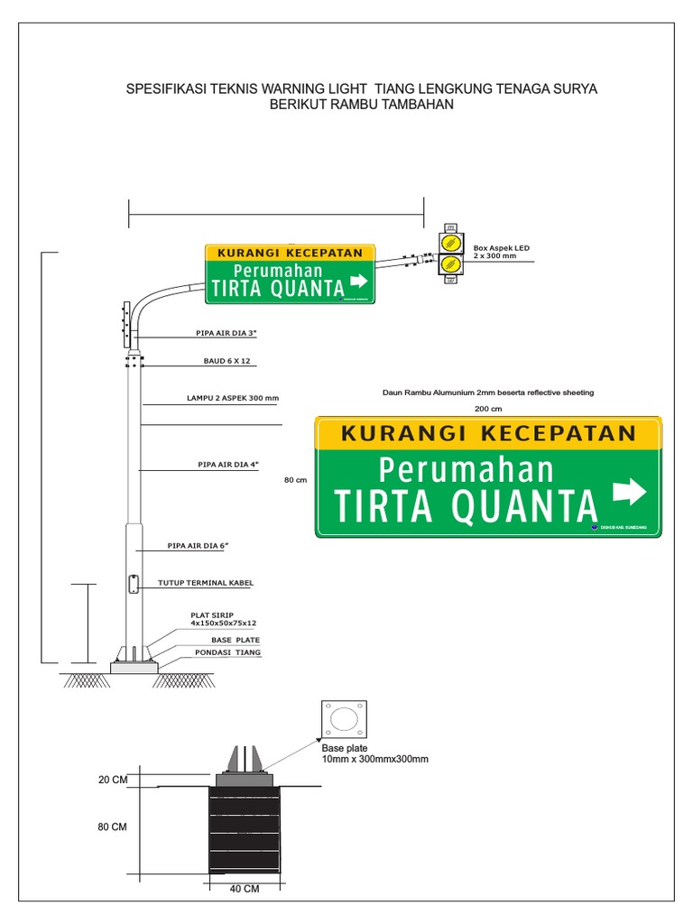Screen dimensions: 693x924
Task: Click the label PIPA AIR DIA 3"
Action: pyautogui.click(x=226, y=333)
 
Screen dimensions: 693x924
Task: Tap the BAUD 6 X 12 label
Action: pyautogui.click(x=226, y=360)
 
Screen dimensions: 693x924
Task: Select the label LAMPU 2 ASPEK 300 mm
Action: pyautogui.click(x=233, y=398)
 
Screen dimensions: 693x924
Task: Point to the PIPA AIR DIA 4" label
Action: pyautogui.click(x=227, y=465)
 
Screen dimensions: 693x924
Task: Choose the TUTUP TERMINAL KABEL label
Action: pyautogui.click(x=206, y=583)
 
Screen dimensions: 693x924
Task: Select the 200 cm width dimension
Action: pyautogui.click(x=488, y=409)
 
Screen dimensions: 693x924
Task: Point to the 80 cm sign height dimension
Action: pyautogui.click(x=296, y=480)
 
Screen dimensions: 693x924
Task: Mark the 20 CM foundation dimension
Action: pyautogui.click(x=113, y=780)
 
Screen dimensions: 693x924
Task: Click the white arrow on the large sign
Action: pyautogui.click(x=630, y=492)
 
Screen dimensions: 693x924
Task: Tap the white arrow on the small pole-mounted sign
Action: pyautogui.click(x=358, y=284)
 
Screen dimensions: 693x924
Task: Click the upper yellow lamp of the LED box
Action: pyautogui.click(x=450, y=243)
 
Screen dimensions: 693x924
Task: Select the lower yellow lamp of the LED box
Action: pyautogui.click(x=450, y=264)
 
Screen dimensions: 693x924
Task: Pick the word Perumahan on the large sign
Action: pyautogui.click(x=466, y=470)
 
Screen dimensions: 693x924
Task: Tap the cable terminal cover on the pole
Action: pyautogui.click(x=134, y=584)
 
